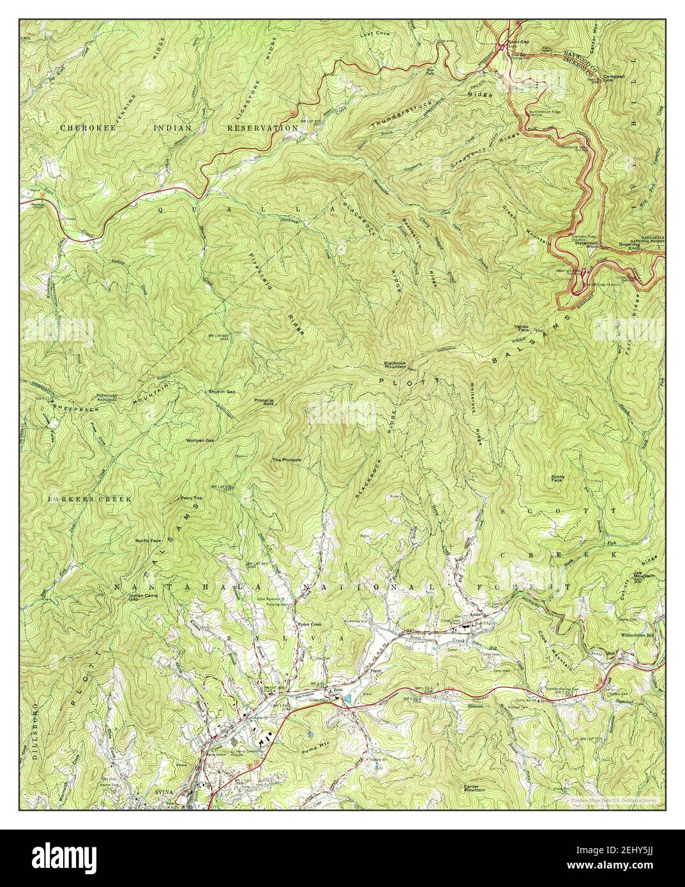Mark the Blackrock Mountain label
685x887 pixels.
tap(400, 365)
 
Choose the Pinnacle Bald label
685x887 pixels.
tap(264, 403)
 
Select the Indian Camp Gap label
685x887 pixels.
tap(141, 597)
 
